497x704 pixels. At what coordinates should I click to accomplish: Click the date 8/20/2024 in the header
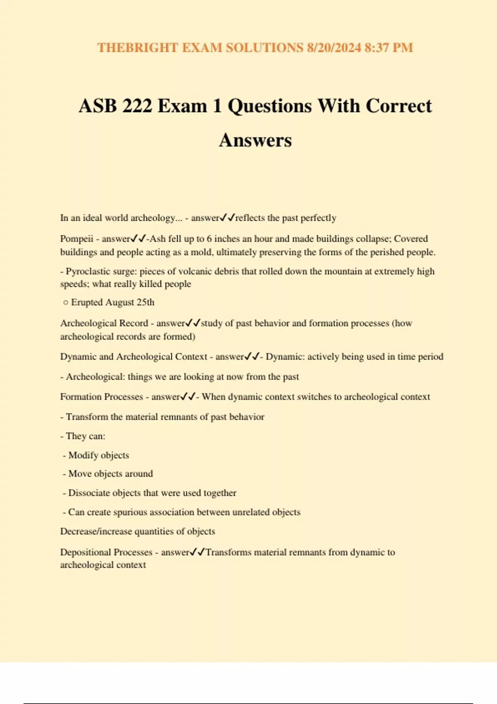[334, 48]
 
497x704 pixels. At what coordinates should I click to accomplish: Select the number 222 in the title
[137, 106]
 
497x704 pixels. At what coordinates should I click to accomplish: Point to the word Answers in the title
[255, 140]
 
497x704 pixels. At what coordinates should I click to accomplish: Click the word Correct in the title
[398, 106]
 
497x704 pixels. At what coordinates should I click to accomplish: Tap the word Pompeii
[77, 239]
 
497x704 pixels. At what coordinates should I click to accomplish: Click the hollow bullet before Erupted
[65, 303]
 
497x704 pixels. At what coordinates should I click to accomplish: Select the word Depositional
[85, 552]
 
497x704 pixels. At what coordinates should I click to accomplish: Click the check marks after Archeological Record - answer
[193, 323]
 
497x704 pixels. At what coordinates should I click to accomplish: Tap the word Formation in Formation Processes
[80, 397]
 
